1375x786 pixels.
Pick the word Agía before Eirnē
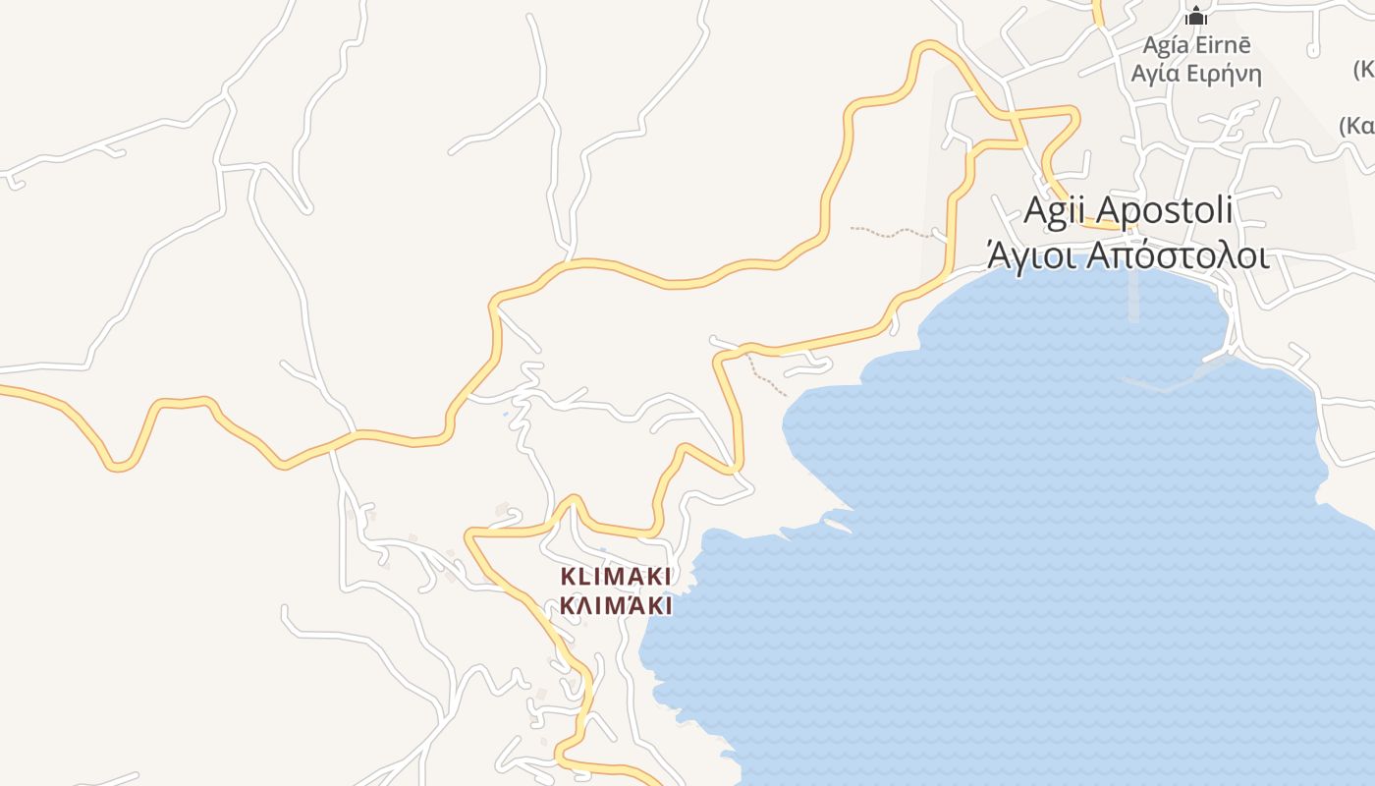tap(1166, 45)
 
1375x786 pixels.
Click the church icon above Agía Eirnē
tap(1196, 16)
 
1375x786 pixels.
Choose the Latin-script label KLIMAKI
tap(616, 577)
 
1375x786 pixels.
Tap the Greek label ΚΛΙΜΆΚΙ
tap(616, 605)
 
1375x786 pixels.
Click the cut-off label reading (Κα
tap(1357, 126)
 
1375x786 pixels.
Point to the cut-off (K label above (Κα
tap(1364, 70)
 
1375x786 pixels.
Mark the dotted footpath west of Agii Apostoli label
tap(889, 234)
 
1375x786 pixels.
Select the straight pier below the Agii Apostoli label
tap(1134, 295)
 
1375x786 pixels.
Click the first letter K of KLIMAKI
tap(567, 577)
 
